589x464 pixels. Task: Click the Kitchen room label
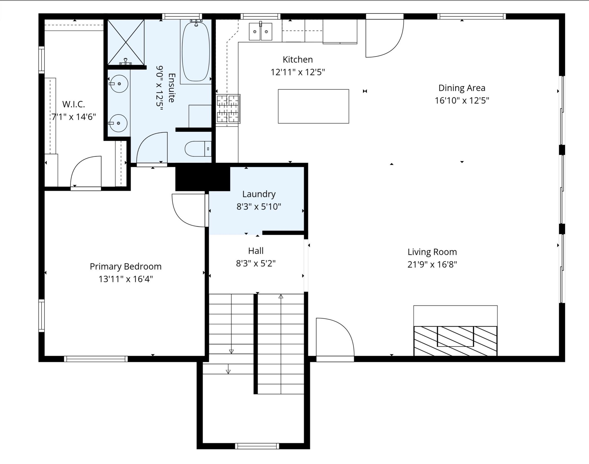point(298,59)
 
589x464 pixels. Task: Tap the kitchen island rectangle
point(313,106)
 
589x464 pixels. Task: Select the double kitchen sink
point(260,32)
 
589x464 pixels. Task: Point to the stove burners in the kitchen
point(228,109)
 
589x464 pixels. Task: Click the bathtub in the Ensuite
point(196,52)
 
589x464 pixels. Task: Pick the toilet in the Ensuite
point(198,149)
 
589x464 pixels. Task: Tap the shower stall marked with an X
point(126,42)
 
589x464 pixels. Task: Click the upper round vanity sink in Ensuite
point(119,84)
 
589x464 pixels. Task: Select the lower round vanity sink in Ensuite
point(118,123)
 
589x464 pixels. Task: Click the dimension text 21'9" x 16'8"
point(432,264)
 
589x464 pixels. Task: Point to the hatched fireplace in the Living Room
point(455,341)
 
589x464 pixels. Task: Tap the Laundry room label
point(259,194)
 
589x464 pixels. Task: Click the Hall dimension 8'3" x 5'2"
point(256,263)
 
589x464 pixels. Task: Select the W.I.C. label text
point(74,104)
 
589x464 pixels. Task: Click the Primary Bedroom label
point(125,266)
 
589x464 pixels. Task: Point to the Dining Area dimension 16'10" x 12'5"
point(462,100)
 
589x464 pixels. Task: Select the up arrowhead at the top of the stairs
point(281,297)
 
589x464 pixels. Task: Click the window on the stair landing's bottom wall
point(257,446)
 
